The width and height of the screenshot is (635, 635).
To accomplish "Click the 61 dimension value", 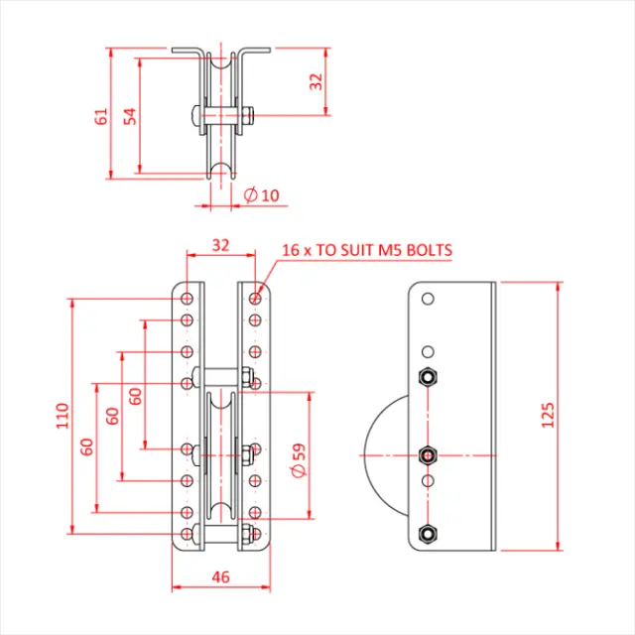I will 100,115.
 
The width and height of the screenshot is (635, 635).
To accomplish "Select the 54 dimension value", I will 129,115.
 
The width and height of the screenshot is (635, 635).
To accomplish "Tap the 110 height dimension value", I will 62,414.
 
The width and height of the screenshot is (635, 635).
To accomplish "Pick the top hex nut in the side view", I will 428,377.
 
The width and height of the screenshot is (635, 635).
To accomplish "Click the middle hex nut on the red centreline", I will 428,455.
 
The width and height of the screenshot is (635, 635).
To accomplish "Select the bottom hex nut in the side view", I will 428,533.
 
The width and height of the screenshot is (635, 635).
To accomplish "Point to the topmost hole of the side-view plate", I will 428,299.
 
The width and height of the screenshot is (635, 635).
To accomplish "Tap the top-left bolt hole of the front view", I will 187,297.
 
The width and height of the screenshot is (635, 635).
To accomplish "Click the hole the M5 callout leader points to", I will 256,297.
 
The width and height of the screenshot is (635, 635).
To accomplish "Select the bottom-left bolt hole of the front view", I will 187,535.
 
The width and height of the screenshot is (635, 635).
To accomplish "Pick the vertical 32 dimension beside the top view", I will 317,81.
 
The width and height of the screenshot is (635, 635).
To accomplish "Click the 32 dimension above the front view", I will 220,243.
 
